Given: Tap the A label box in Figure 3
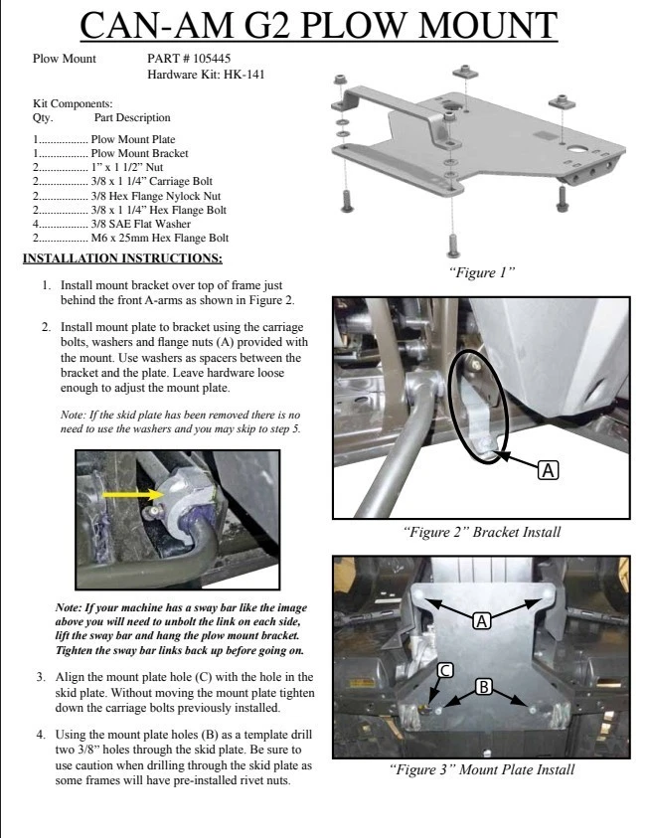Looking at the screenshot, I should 482,620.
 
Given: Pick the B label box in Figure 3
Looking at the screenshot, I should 483,687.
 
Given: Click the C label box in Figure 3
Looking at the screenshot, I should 446,670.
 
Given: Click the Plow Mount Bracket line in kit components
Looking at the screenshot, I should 139,154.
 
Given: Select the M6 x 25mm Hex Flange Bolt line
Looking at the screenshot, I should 159,238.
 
